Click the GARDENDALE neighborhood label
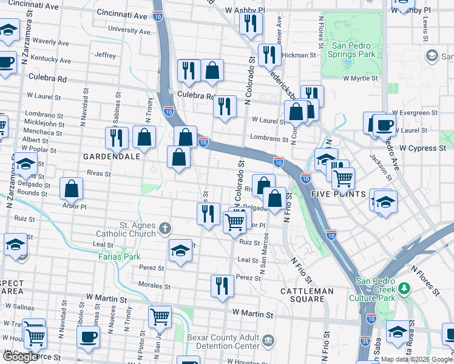click(112, 156)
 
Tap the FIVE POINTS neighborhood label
click(339, 194)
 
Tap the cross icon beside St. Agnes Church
click(164, 229)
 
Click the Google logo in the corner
click(20, 357)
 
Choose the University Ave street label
click(129, 30)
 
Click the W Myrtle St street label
click(360, 78)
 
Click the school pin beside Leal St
click(181, 250)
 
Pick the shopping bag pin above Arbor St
click(72, 189)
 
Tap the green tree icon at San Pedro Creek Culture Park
click(404, 285)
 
